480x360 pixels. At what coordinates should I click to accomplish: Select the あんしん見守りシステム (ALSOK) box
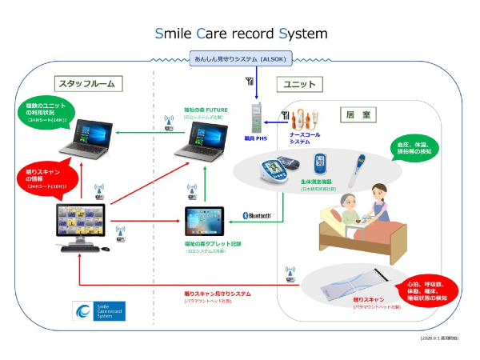[x=242, y=58]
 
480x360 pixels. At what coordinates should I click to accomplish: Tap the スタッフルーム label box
[x=86, y=83]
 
